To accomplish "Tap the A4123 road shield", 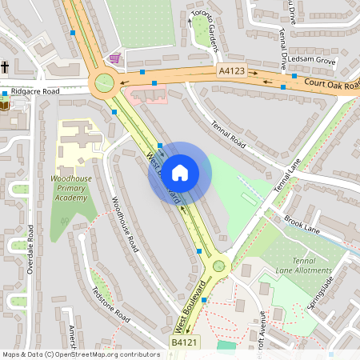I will pos(231,71).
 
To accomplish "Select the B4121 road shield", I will pos(185,342).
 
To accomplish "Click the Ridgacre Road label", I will pos(36,92).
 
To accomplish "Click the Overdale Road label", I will pos(30,250).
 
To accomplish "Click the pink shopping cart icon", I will pos(115,58).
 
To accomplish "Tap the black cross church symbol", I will pos(5,67).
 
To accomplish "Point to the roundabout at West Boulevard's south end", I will pos(218,266).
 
